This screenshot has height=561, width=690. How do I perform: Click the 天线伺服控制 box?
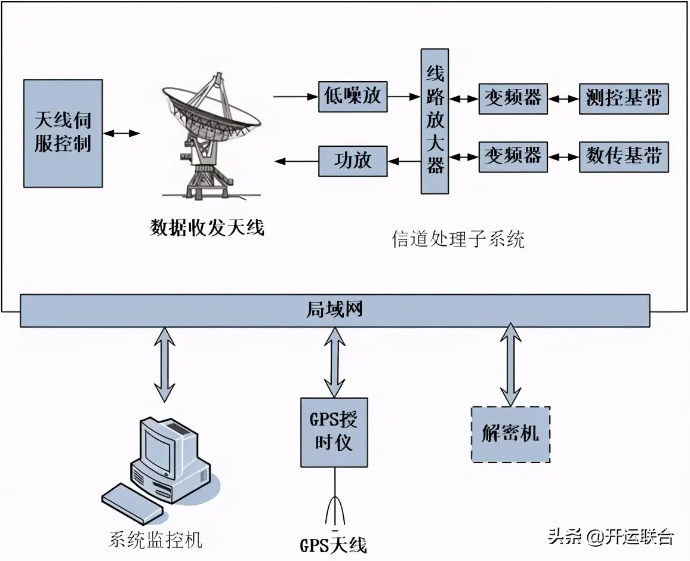point(63,133)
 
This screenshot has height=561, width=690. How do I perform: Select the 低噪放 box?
point(353,96)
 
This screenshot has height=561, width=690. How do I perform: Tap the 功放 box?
point(353,160)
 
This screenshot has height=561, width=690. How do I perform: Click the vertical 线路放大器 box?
point(435,121)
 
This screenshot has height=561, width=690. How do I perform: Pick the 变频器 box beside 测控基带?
point(512,97)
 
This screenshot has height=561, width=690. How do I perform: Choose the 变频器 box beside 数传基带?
point(512,156)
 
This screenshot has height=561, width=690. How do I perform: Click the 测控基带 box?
point(623,97)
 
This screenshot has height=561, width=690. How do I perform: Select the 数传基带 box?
point(623,156)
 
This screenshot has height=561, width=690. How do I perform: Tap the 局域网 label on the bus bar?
point(334,310)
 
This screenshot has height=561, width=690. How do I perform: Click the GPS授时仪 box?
point(334,432)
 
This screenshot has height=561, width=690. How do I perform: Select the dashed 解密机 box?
point(510,434)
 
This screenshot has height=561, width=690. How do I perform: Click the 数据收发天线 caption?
point(207,227)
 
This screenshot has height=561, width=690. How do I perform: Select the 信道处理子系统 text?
point(458,239)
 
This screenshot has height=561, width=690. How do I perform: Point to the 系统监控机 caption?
point(156,540)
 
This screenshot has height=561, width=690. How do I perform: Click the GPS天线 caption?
point(333,545)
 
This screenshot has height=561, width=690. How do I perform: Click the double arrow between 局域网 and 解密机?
point(510,365)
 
